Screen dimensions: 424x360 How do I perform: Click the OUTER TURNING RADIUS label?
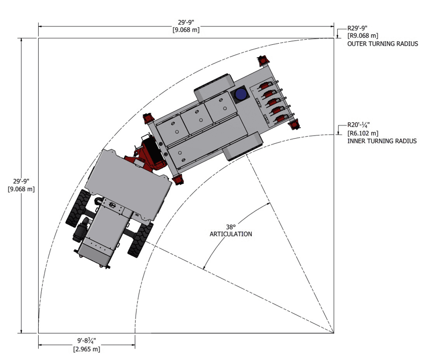click(x=382, y=44)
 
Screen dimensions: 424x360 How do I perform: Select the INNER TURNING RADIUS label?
click(x=382, y=141)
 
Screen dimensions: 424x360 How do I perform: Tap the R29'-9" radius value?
click(x=357, y=28)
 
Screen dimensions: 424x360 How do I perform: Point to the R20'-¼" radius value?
click(x=358, y=125)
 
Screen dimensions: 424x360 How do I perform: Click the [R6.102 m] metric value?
click(x=362, y=133)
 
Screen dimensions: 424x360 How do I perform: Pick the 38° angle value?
click(x=231, y=226)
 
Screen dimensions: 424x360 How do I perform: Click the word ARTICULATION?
click(x=231, y=234)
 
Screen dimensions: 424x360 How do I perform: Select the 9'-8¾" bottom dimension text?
click(x=86, y=341)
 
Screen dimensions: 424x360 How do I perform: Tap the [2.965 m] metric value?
click(x=86, y=349)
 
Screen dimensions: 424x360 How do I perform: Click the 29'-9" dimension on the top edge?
click(x=186, y=22)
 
